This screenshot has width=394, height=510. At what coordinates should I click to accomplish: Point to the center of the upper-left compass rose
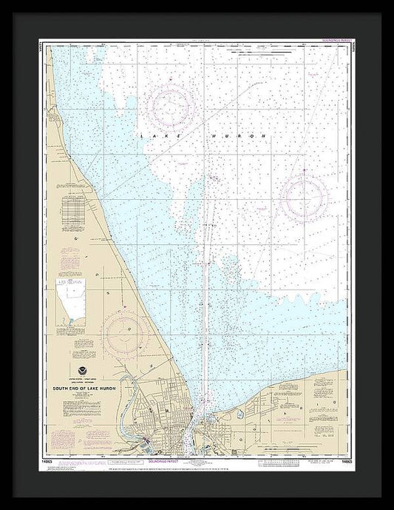tap(174, 107)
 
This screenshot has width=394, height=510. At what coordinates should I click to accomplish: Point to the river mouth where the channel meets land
tap(203, 403)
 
